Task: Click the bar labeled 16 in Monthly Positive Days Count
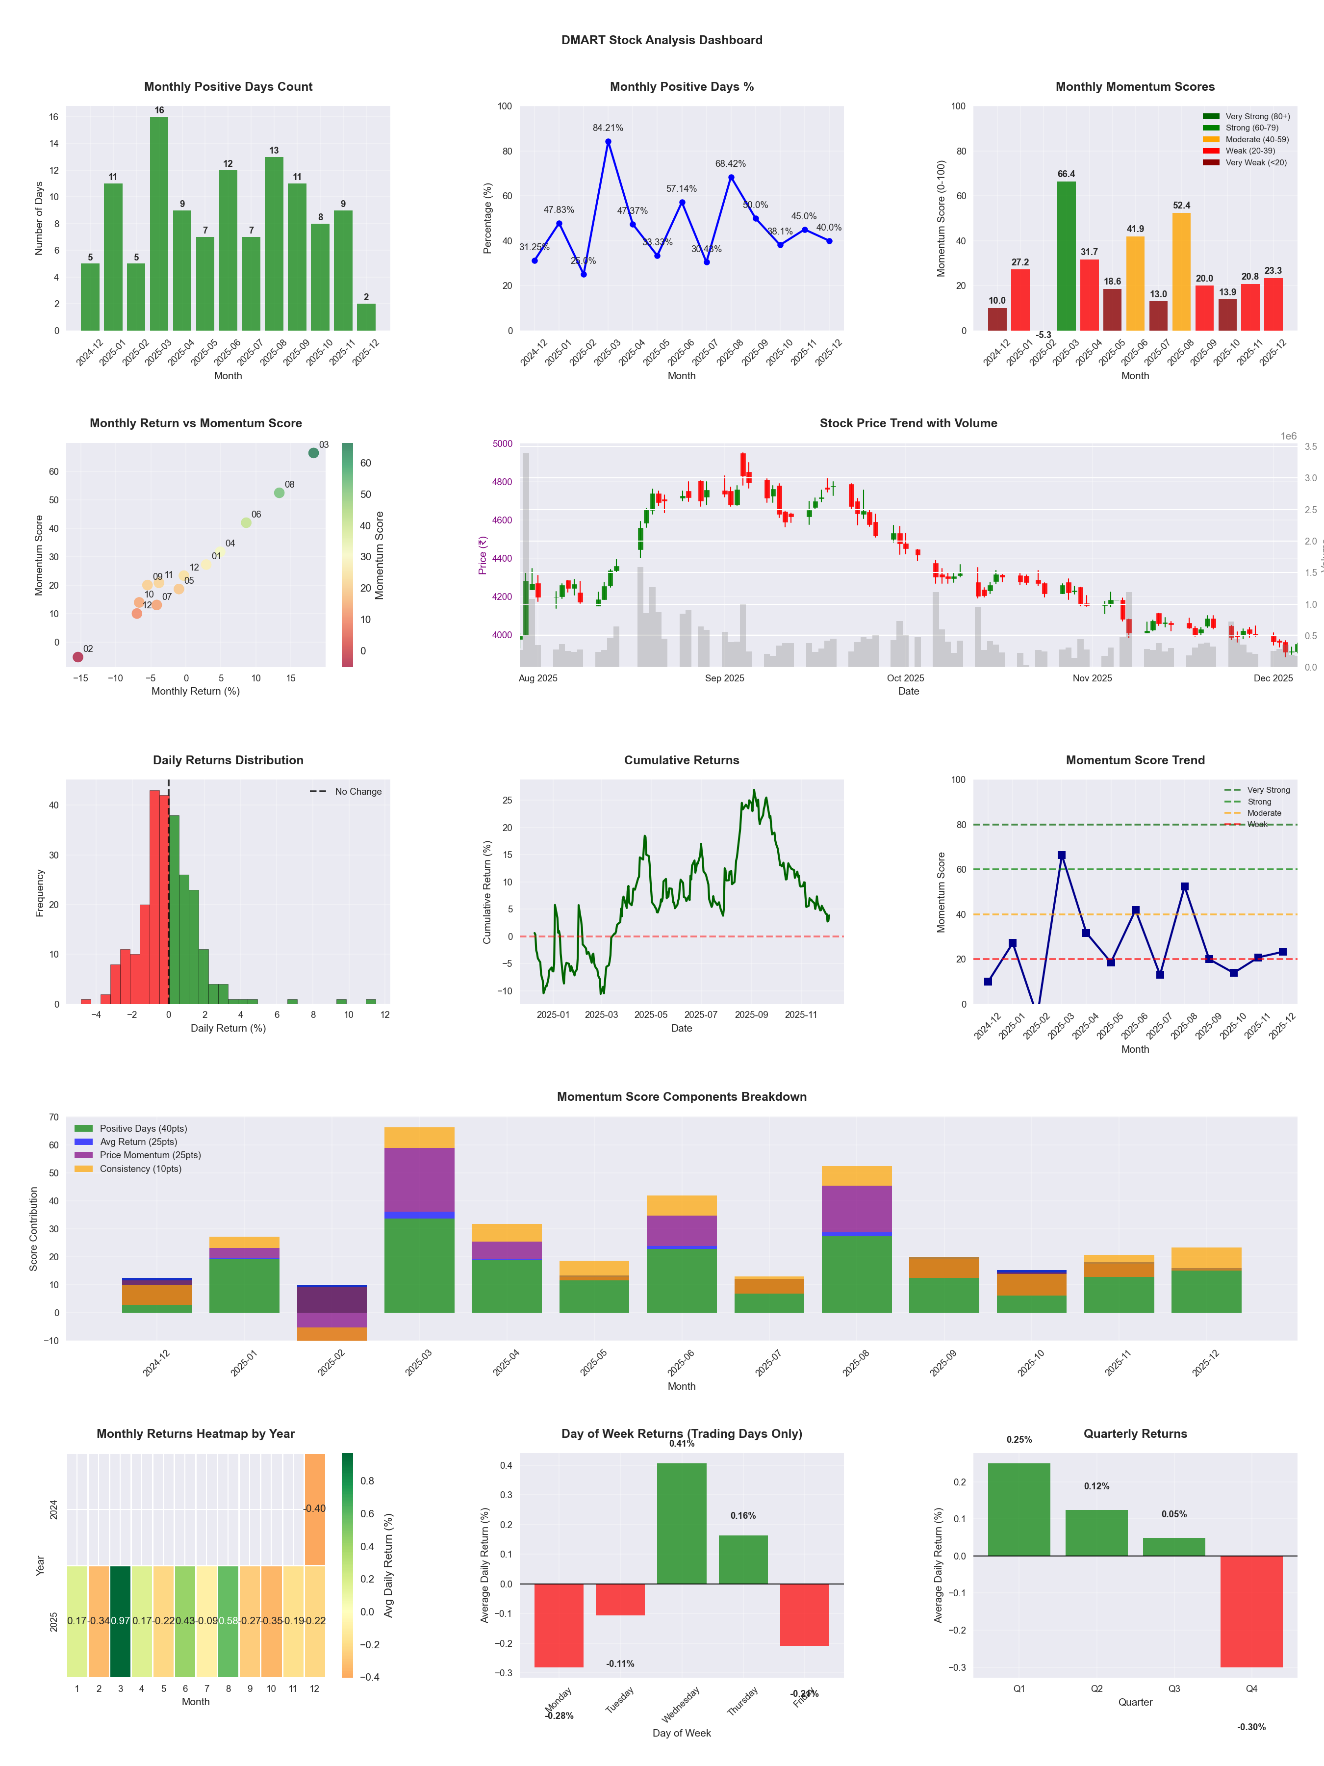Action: click(x=159, y=224)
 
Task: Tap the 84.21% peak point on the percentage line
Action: click(x=608, y=142)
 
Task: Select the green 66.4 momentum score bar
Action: click(x=1066, y=256)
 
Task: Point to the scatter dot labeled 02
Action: click(x=77, y=657)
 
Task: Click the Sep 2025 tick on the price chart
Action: click(x=724, y=678)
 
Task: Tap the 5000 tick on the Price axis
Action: click(x=502, y=444)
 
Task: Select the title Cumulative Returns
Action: click(x=682, y=760)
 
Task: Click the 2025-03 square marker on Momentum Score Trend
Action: click(x=1062, y=855)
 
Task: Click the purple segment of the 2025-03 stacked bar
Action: click(x=419, y=1179)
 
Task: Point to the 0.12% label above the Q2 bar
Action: click(x=1096, y=1486)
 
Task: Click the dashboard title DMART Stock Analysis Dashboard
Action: click(x=662, y=40)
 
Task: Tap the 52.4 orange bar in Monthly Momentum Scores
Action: click(x=1181, y=271)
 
